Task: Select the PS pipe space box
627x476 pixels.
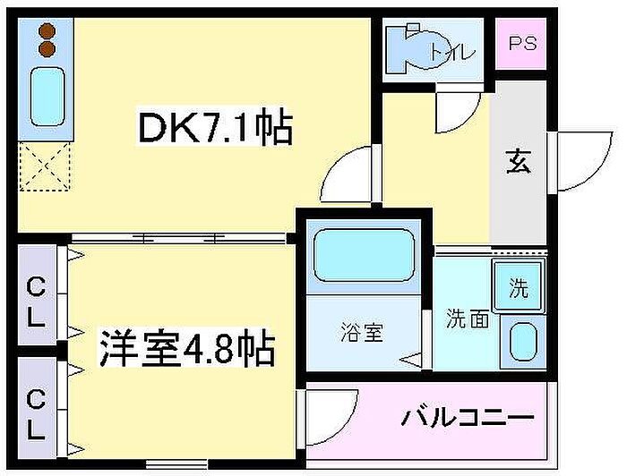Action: point(523,44)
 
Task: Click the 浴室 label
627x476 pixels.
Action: point(362,333)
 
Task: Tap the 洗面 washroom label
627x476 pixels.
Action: point(468,318)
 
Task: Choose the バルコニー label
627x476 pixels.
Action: point(468,418)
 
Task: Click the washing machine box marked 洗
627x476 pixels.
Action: point(520,289)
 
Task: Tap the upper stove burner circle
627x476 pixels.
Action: point(47,32)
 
